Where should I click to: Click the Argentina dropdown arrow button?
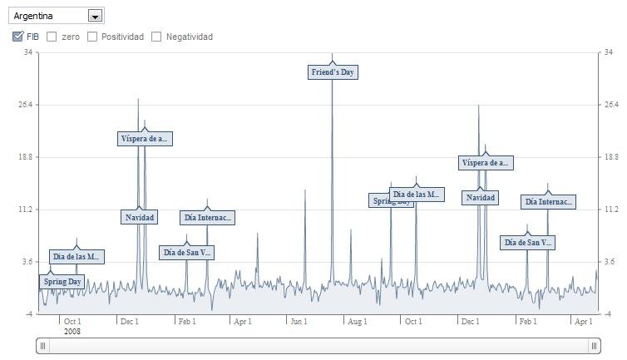(x=95, y=16)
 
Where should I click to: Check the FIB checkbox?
(x=18, y=37)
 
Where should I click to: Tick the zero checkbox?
(x=52, y=37)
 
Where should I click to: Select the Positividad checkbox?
(x=92, y=37)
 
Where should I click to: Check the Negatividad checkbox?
(x=156, y=37)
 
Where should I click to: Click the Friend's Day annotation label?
(x=333, y=72)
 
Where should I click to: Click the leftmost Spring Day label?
(x=62, y=282)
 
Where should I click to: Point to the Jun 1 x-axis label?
(x=298, y=321)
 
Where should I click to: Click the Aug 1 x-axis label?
(x=357, y=321)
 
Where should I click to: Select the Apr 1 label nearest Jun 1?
(x=242, y=321)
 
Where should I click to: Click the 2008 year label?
(x=72, y=331)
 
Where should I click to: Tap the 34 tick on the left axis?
(x=28, y=52)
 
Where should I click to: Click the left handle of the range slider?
(x=43, y=345)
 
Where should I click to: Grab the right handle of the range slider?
(x=595, y=345)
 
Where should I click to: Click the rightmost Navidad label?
(x=481, y=198)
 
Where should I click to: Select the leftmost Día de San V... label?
(x=187, y=252)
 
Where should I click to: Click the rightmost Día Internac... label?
(x=548, y=202)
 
